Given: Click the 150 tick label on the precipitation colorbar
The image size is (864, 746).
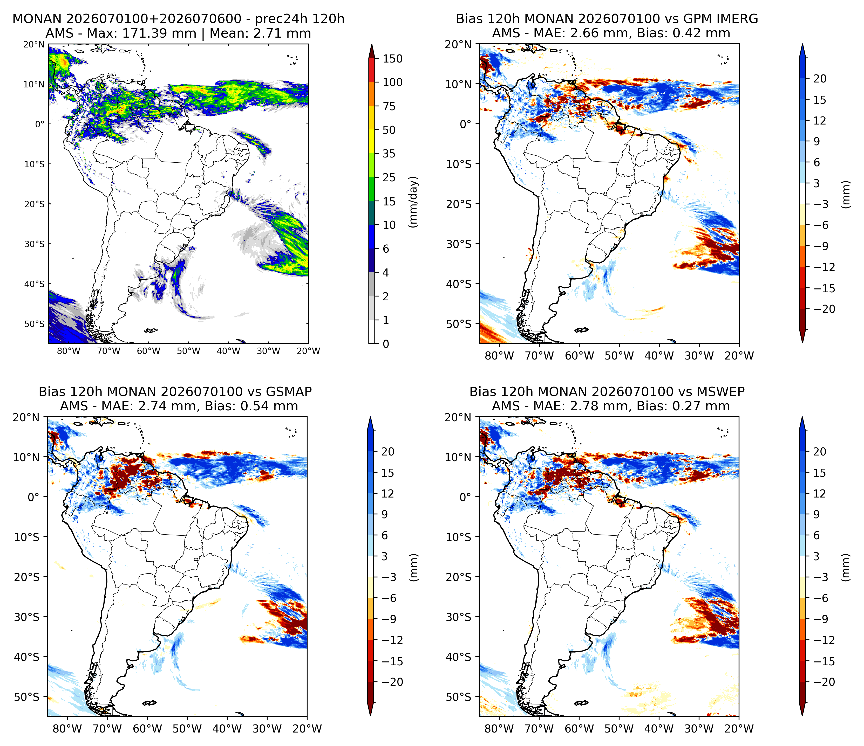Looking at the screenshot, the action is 392,59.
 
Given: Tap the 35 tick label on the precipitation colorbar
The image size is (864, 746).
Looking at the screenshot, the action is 389,154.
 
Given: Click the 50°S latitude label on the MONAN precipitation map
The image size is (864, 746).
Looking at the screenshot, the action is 34,324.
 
